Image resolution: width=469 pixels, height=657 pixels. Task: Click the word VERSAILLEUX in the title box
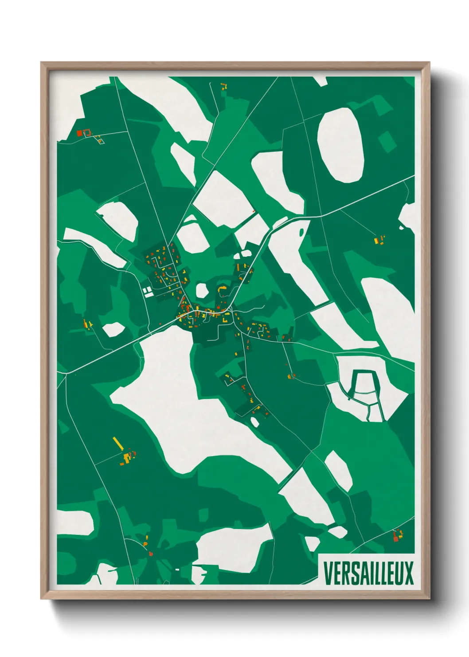click(368, 573)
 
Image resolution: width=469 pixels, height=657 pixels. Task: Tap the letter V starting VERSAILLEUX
click(328, 573)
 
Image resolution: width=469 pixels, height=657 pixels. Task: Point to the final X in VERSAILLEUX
click(409, 573)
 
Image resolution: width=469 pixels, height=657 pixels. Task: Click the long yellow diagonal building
click(118, 443)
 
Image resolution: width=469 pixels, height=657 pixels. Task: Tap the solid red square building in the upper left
click(80, 133)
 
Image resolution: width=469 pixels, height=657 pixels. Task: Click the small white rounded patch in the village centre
click(202, 291)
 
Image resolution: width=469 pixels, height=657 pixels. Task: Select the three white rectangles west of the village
click(147, 292)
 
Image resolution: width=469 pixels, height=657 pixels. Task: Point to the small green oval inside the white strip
click(302, 232)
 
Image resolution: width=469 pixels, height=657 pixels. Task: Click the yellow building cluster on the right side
click(379, 240)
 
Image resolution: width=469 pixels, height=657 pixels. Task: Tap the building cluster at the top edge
click(223, 86)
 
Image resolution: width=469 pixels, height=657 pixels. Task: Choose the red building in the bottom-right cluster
click(395, 538)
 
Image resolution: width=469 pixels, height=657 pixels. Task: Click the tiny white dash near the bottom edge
click(177, 569)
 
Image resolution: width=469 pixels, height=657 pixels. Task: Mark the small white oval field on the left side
click(113, 329)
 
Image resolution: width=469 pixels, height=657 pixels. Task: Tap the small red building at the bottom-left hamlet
click(151, 554)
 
